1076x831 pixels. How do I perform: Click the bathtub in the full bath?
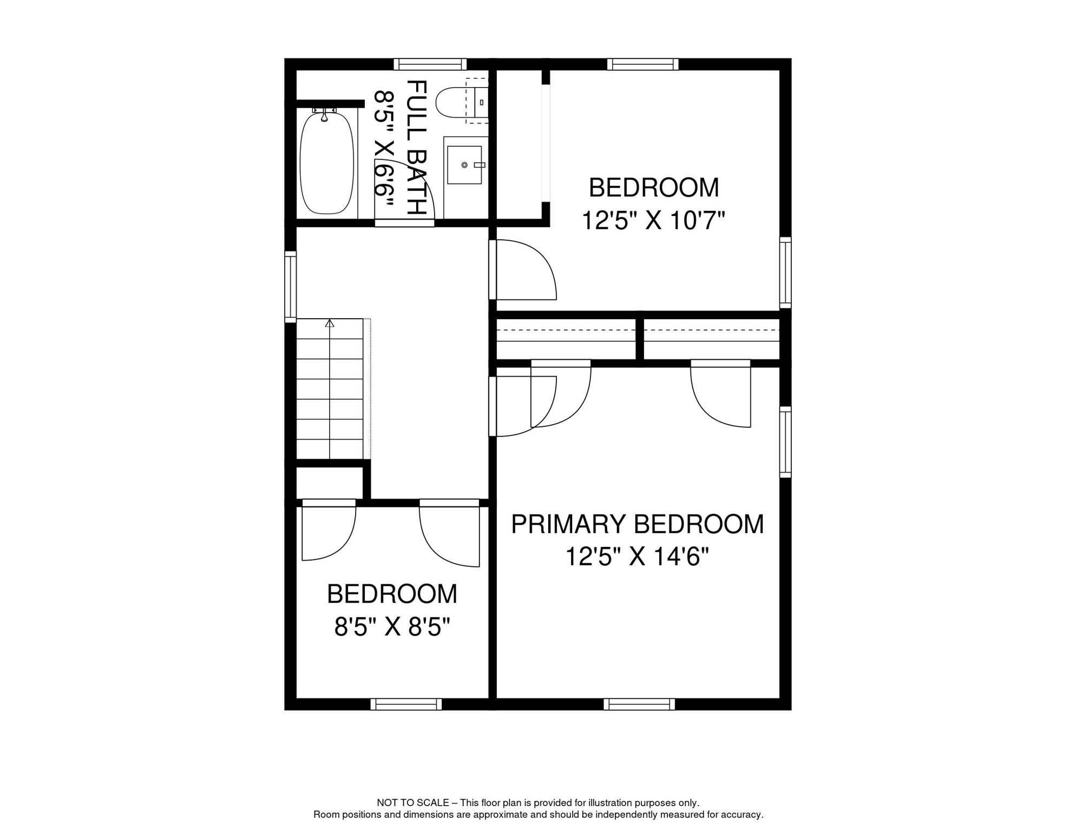point(327,162)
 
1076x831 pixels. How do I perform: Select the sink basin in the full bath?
point(464,164)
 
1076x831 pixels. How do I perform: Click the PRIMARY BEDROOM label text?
point(637,524)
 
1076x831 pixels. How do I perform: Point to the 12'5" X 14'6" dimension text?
point(637,557)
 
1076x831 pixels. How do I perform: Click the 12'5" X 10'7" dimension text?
point(653,221)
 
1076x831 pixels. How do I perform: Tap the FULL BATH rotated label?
point(417,147)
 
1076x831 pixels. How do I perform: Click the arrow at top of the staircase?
point(330,324)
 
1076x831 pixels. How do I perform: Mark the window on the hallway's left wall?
point(291,286)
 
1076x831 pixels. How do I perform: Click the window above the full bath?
point(430,64)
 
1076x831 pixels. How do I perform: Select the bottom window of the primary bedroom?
point(639,704)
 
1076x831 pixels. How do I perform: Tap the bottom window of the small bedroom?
point(406,704)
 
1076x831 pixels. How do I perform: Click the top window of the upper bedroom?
point(642,64)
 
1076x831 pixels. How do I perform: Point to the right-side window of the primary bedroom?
point(785,442)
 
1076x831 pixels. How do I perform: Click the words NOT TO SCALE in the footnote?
point(413,803)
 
